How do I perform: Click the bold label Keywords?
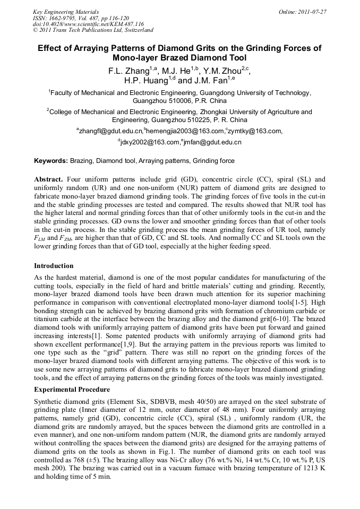(51, 160)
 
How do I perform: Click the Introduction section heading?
(54, 265)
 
